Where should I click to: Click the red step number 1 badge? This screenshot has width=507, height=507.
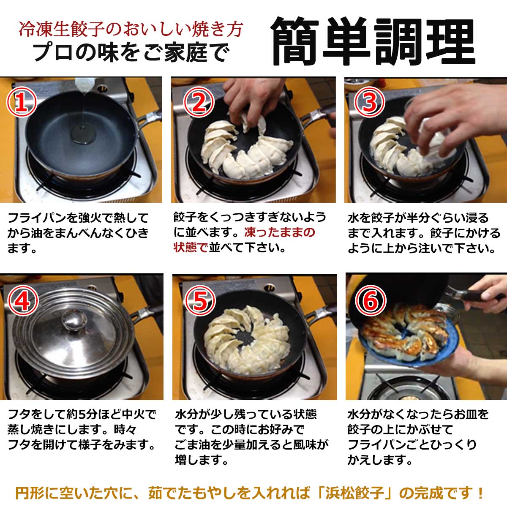click(x=22, y=102)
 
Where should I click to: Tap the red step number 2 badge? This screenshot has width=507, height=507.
click(x=199, y=102)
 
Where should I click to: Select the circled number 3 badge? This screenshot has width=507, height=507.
click(x=370, y=102)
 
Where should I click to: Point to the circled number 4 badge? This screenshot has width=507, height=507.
click(x=23, y=300)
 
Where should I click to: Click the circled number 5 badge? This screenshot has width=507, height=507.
click(x=200, y=300)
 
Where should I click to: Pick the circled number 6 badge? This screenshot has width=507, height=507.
click(x=371, y=300)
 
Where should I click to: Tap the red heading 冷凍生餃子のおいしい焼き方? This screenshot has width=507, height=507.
click(x=131, y=29)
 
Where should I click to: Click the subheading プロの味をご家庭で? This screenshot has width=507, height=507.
click(x=131, y=53)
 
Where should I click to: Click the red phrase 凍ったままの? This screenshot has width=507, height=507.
click(x=280, y=232)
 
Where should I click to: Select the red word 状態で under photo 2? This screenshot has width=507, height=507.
click(x=191, y=248)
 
